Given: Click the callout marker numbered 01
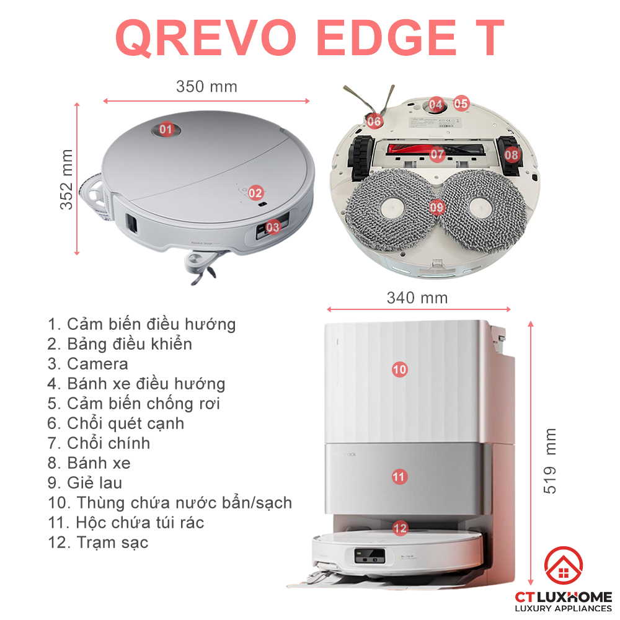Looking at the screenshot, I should point(166,130).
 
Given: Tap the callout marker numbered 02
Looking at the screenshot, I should point(255,193).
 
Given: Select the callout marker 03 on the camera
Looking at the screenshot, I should point(273,228).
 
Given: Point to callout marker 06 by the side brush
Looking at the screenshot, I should point(374,122).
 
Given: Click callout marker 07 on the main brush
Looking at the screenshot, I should point(438,154).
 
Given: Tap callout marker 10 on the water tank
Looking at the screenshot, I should point(400,370).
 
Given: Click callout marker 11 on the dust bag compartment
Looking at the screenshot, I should point(399,477).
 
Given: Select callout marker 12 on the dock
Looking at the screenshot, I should point(401,528).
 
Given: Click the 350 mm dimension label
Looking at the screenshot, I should point(206,87).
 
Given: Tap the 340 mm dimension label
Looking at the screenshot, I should point(417,298).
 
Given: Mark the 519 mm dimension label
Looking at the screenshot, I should point(550,461).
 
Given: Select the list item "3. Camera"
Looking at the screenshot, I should point(88,364).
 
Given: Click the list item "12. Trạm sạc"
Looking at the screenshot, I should point(98,542).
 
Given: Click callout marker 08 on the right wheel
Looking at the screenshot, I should point(511,154).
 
